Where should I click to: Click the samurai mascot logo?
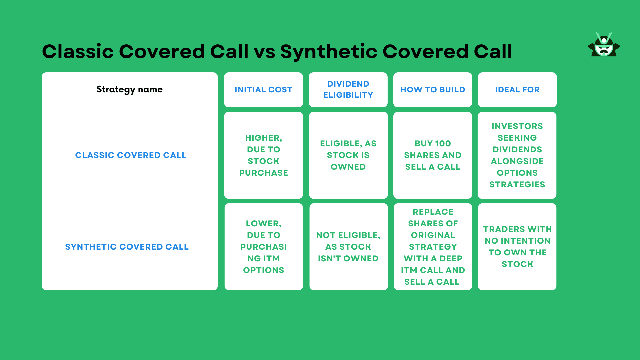pos(604,45)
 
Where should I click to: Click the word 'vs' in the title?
pos(264,52)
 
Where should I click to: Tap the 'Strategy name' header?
pos(130,89)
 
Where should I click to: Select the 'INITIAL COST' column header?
pos(263,90)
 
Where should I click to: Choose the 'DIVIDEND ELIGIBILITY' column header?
pos(348,89)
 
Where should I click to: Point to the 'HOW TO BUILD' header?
pos(433,90)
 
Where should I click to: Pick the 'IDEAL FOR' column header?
pos(517,90)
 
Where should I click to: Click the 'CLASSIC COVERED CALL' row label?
pos(131,155)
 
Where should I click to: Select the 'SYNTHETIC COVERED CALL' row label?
pos(127,247)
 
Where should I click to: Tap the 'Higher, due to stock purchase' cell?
pos(263,155)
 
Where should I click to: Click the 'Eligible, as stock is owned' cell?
pos(348,155)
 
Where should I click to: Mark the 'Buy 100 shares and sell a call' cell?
pos(433,155)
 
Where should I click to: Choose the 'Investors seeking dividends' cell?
pos(517,155)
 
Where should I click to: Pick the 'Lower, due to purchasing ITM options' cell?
pos(263,247)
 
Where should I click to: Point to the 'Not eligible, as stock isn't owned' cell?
pos(348,247)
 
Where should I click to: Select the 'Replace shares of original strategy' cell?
pos(433,247)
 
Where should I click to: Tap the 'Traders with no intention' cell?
pos(517,247)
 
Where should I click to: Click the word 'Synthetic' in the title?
pos(328,52)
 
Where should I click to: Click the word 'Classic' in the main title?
pos(78,52)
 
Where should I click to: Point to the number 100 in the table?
pos(443,144)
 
